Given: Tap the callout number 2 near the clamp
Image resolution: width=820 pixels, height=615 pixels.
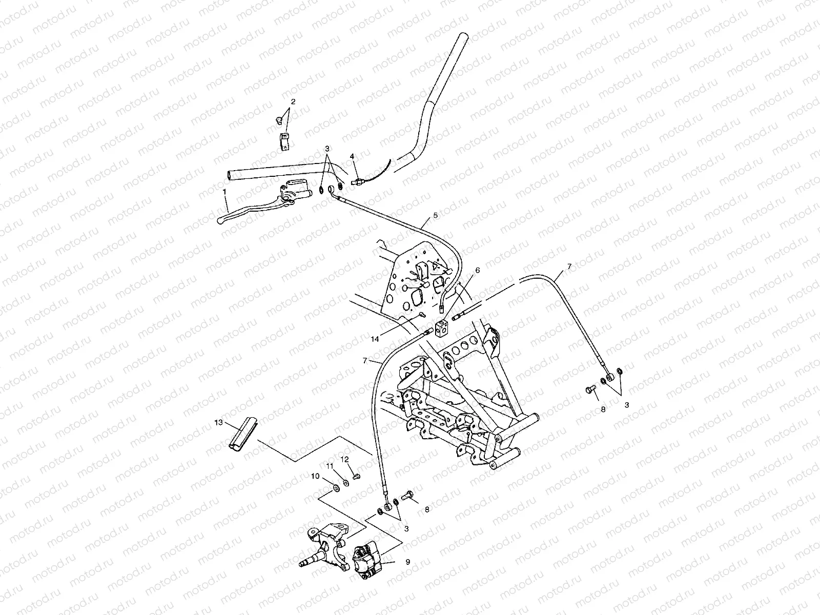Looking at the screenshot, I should pyautogui.click(x=293, y=101).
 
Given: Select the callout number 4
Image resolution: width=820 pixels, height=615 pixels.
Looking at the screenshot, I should pyautogui.click(x=352, y=156).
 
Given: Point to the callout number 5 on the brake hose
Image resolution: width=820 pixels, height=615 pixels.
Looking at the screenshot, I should pyautogui.click(x=435, y=216).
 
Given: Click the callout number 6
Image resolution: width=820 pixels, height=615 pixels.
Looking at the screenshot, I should pyautogui.click(x=477, y=270).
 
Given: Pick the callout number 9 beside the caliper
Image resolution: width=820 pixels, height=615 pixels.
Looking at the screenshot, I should pyautogui.click(x=408, y=562).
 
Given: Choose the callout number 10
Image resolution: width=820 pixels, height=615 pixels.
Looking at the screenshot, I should pyautogui.click(x=315, y=476).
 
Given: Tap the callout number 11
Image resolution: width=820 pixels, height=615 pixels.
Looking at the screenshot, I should pyautogui.click(x=330, y=465).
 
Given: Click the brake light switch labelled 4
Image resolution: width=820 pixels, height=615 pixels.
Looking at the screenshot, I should pyautogui.click(x=360, y=181).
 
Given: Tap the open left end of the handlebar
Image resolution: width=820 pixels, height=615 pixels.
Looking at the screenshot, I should pyautogui.click(x=229, y=176).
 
